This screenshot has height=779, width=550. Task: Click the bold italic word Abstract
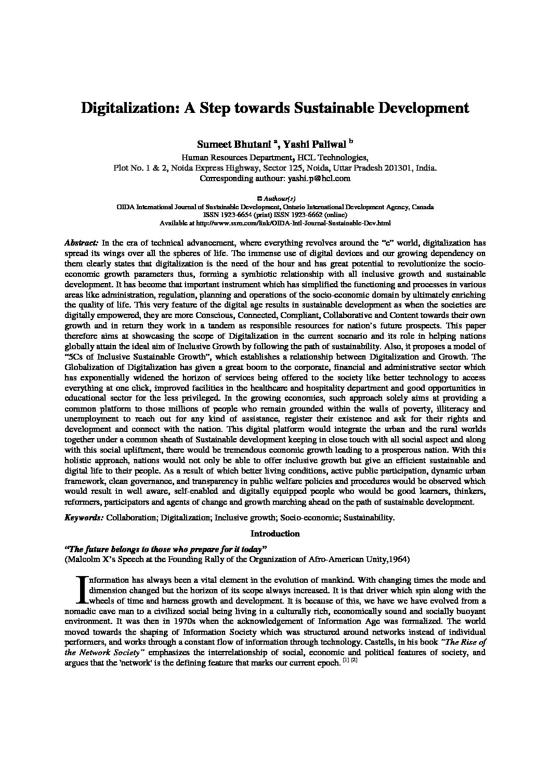point(81,242)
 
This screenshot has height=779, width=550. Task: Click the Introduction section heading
point(275,533)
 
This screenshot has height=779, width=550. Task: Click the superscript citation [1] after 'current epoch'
point(345,660)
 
